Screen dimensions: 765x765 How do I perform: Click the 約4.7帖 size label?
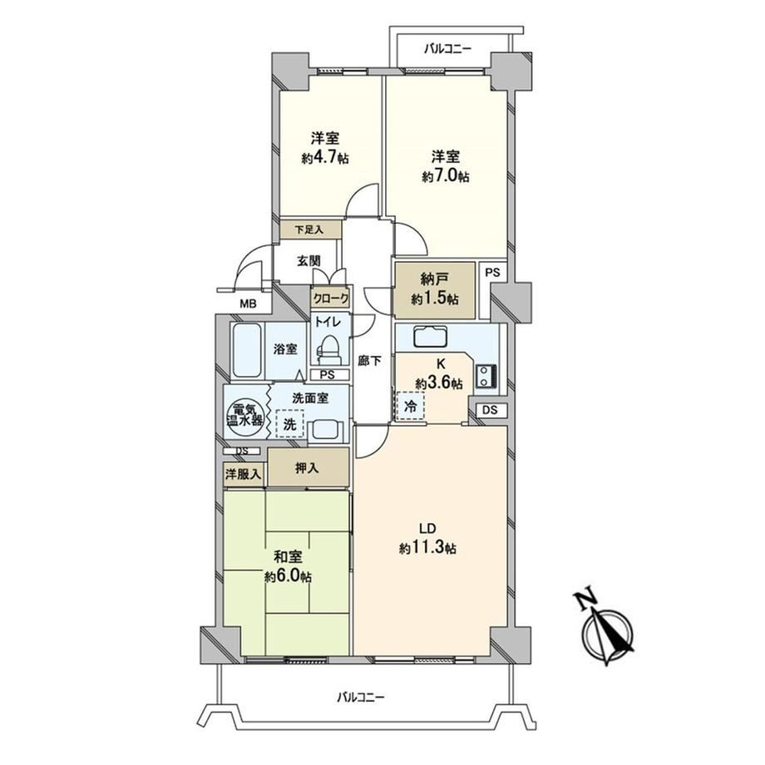(325, 158)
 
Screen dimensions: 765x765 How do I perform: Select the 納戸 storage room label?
(434, 279)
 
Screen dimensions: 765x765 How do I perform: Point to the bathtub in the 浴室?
(246, 350)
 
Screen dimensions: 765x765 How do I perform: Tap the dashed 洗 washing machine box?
(290, 423)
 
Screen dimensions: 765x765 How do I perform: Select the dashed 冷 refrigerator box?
(411, 406)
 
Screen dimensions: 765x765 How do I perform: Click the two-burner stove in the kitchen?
(486, 376)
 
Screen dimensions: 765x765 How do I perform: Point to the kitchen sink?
(430, 336)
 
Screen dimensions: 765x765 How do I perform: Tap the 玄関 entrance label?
(308, 261)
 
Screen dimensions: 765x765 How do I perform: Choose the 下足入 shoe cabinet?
(310, 229)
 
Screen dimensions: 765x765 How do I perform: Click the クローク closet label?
(331, 298)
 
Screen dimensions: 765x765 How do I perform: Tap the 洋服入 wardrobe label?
(243, 473)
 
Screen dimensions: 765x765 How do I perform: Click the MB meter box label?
(248, 304)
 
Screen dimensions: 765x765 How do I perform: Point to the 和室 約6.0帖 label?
(289, 567)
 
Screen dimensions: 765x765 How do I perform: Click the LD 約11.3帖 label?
(428, 538)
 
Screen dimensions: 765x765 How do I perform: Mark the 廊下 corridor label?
(370, 361)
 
